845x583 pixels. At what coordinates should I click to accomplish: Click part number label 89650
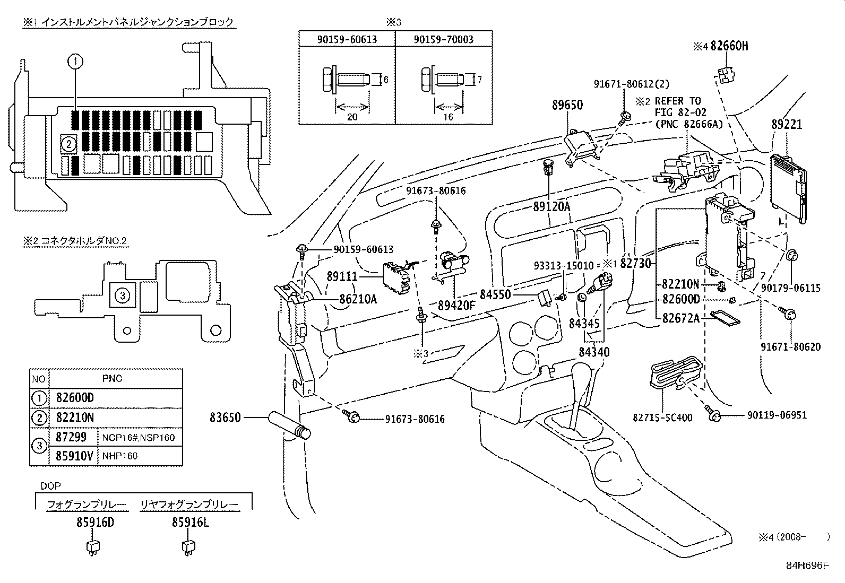pyautogui.click(x=567, y=105)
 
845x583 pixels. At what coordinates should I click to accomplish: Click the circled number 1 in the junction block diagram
pyautogui.click(x=75, y=62)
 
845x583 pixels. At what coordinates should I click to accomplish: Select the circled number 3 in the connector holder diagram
pyautogui.click(x=122, y=295)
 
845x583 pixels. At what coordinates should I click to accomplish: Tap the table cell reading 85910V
pyautogui.click(x=73, y=456)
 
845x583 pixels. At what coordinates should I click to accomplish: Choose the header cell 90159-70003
pyautogui.click(x=443, y=39)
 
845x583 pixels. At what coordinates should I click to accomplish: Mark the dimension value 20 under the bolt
pyautogui.click(x=351, y=117)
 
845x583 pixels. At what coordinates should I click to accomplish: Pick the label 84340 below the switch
pyautogui.click(x=594, y=352)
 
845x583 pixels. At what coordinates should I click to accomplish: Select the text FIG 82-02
pyautogui.click(x=678, y=112)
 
